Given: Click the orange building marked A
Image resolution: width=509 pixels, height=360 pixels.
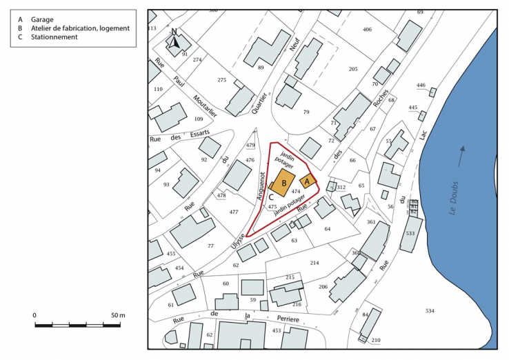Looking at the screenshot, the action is pos(308,181).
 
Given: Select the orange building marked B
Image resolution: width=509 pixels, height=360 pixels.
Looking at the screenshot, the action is pos(283,184).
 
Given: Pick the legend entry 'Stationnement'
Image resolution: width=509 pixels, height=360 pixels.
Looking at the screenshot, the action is pos(57,37).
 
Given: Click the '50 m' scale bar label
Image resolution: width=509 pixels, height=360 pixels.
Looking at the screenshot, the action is pos(117,315).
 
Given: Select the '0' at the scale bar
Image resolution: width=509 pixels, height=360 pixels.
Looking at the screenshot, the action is pos(35,315).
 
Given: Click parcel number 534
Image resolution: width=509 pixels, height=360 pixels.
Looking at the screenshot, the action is pos(430,311).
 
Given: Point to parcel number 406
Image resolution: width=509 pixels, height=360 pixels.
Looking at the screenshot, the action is pos(367,29).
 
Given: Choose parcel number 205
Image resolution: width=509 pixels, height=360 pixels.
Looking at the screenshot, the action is pos(353,69).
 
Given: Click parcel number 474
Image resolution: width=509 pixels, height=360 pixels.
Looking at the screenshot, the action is pos(296,190).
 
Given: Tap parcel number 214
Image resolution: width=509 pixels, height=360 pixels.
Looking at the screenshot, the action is pos(315,263).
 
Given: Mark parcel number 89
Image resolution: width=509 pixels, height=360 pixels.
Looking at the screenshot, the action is pos(261,68).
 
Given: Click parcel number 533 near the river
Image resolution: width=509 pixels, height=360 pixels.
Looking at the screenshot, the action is pos(410,234).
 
